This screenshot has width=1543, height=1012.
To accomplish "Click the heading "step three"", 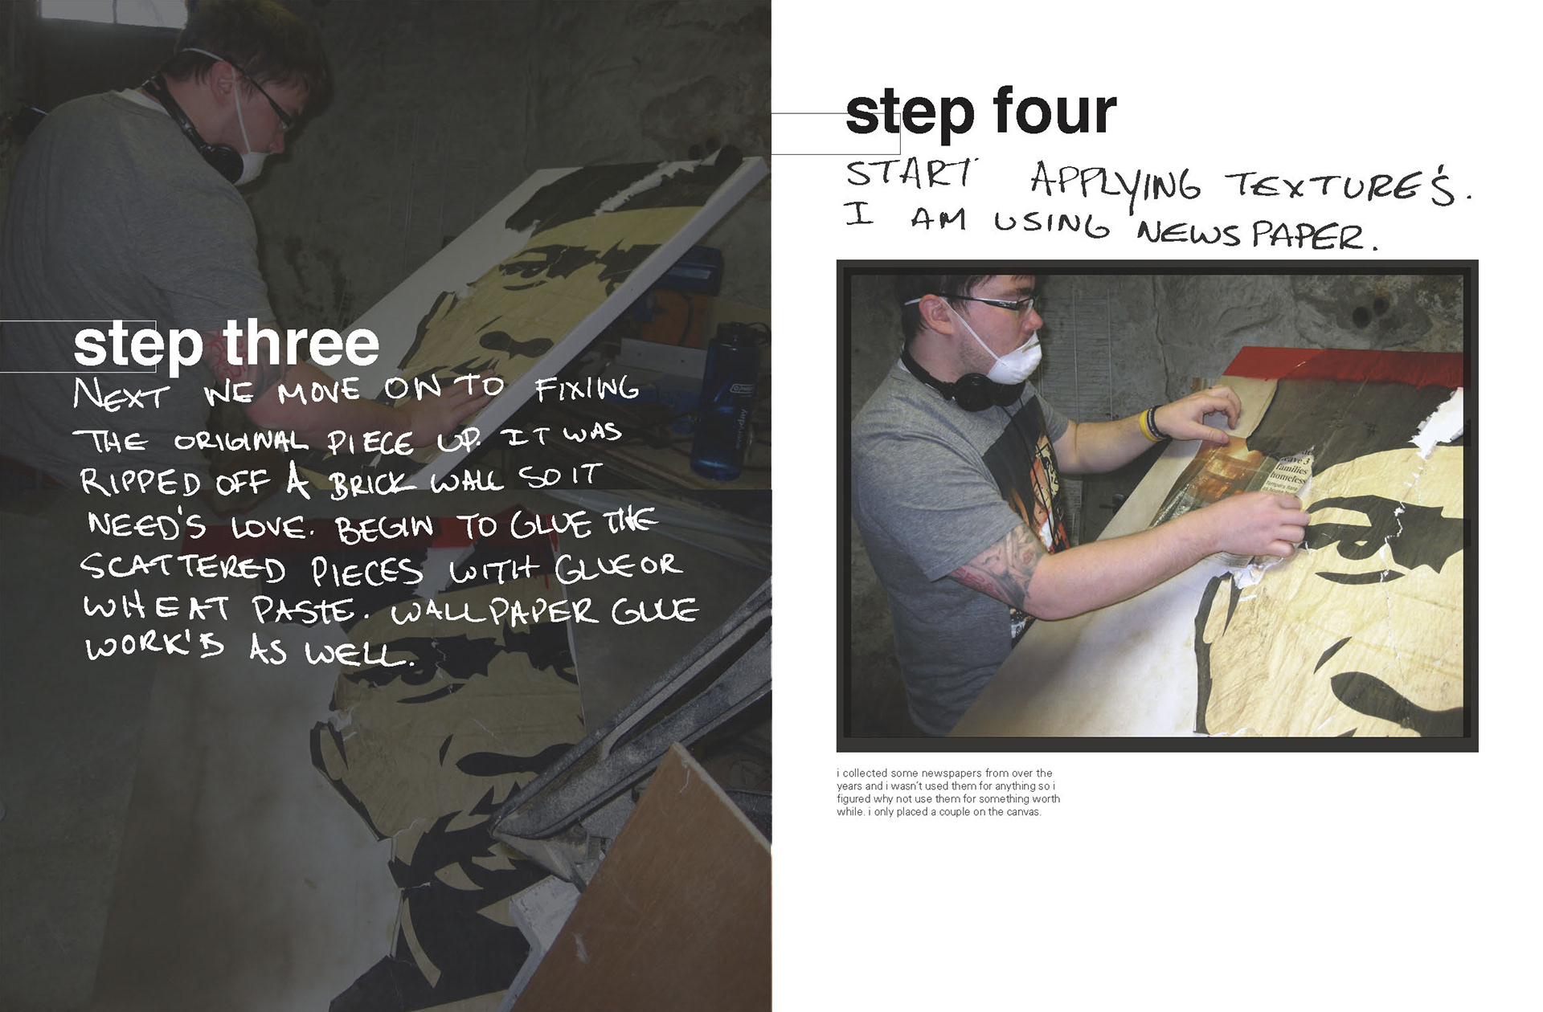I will (226, 344).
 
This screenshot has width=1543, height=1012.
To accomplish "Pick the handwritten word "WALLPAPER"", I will (494, 612).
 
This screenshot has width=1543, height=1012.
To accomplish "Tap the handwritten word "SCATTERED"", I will (183, 567).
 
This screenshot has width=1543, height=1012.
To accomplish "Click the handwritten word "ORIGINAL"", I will (241, 442).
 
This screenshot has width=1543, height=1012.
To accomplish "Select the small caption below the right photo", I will (947, 792).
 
